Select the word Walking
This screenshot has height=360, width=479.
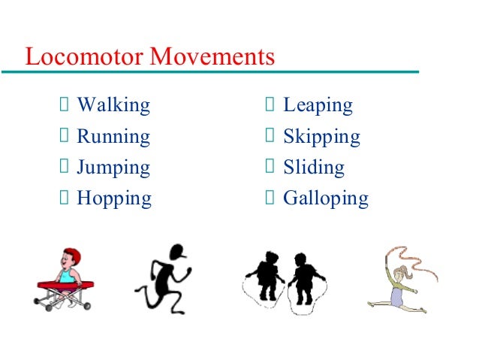tap(113, 105)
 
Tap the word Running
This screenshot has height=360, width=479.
tap(113, 137)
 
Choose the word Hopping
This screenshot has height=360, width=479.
tap(114, 199)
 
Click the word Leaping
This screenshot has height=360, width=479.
tap(318, 106)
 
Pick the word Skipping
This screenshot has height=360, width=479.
tap(321, 138)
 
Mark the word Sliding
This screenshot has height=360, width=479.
tap(314, 168)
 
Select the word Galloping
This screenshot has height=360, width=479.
tap(326, 199)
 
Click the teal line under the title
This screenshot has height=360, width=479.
tap(210, 72)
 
